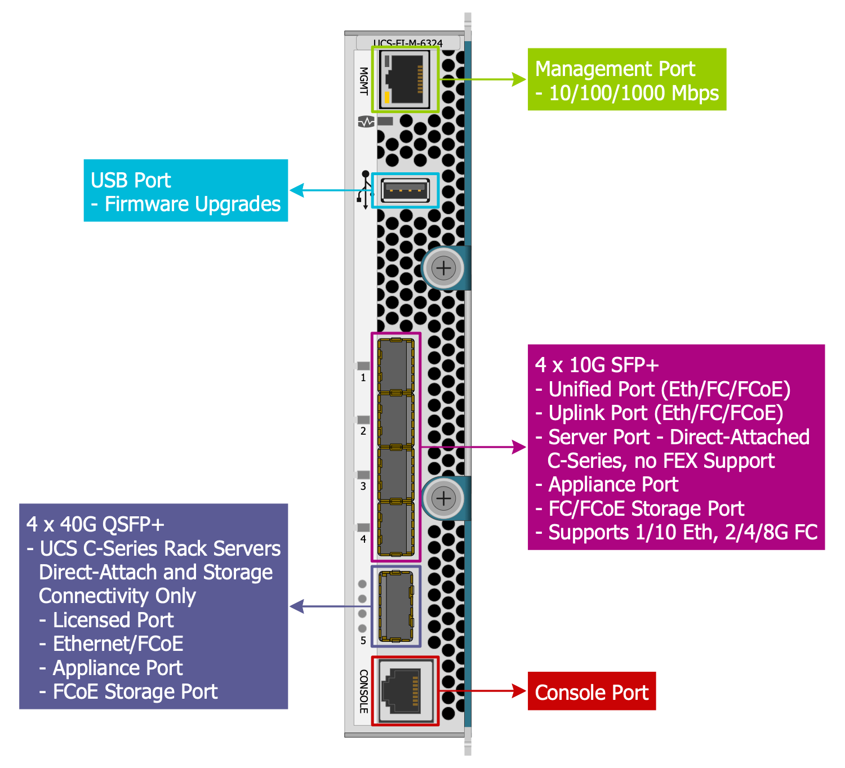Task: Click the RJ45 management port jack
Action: (x=404, y=79)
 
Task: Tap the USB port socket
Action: (x=405, y=190)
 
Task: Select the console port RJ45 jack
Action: (x=404, y=690)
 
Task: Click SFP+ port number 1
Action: (x=395, y=366)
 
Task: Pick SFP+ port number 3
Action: (x=395, y=474)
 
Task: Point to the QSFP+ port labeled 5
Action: (x=395, y=606)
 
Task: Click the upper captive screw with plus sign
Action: (x=444, y=268)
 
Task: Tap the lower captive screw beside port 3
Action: (x=444, y=498)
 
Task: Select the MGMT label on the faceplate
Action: (x=364, y=81)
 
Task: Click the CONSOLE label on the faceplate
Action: (x=364, y=691)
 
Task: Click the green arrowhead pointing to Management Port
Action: (x=519, y=79)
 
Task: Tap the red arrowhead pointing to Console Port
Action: (x=519, y=691)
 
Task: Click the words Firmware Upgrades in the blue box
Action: (x=192, y=204)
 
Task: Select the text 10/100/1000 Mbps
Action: (x=633, y=93)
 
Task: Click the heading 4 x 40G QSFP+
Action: (x=95, y=524)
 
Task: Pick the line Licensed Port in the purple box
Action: (x=113, y=620)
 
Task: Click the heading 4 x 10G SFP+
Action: (x=597, y=365)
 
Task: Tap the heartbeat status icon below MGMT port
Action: (x=366, y=121)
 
